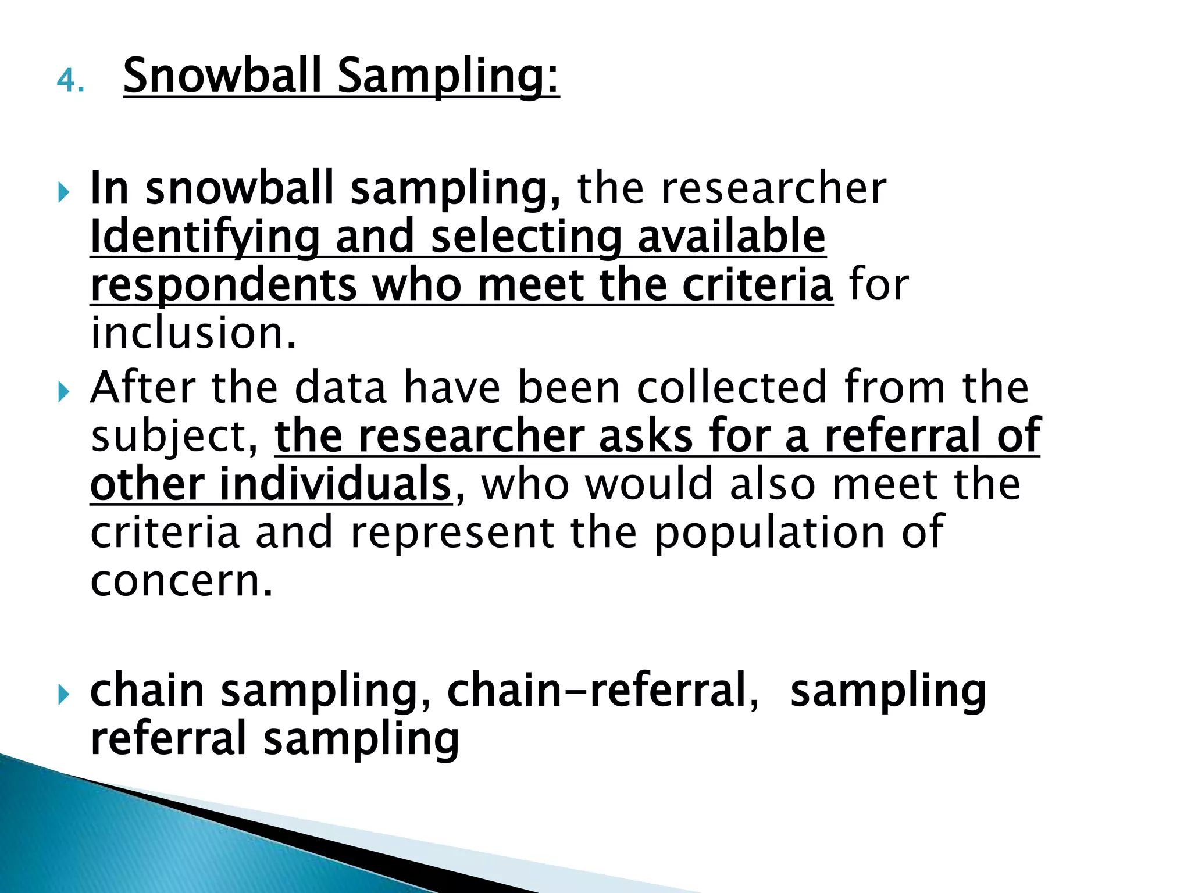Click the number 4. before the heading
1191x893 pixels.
click(70, 81)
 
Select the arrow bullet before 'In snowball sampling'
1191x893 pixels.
click(63, 191)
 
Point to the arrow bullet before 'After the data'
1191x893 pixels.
click(63, 391)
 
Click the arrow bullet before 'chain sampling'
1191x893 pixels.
click(63, 693)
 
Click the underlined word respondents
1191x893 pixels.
click(224, 286)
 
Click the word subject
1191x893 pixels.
click(174, 437)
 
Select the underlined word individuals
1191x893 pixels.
click(336, 484)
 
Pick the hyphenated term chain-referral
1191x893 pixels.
click(602, 690)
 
